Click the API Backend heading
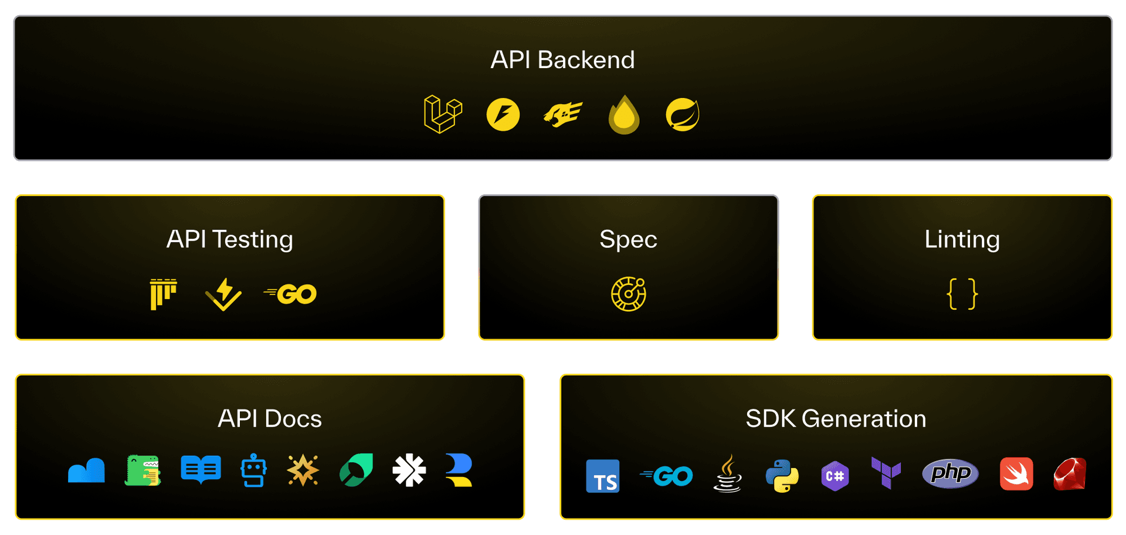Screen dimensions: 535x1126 point(562,60)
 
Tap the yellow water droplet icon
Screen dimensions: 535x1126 point(624,115)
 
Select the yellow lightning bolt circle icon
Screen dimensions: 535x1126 point(503,114)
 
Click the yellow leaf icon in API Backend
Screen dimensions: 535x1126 point(683,114)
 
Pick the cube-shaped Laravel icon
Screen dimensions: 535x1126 point(443,114)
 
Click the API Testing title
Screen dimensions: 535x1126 point(229,239)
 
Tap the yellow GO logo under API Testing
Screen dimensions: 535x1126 point(291,294)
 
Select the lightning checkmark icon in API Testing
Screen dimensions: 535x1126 point(223,294)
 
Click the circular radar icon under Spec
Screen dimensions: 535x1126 point(628,294)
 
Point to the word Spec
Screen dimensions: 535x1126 point(628,239)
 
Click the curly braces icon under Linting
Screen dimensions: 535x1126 point(962,294)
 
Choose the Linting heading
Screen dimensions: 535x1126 point(962,239)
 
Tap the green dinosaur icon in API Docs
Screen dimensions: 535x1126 point(143,470)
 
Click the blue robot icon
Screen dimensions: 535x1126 point(253,470)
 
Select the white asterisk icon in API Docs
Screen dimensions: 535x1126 point(409,470)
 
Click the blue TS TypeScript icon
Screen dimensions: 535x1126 point(603,476)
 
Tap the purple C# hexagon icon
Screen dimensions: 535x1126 point(835,476)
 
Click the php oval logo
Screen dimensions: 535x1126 point(950,473)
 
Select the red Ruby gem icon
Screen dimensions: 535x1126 point(1070,474)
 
